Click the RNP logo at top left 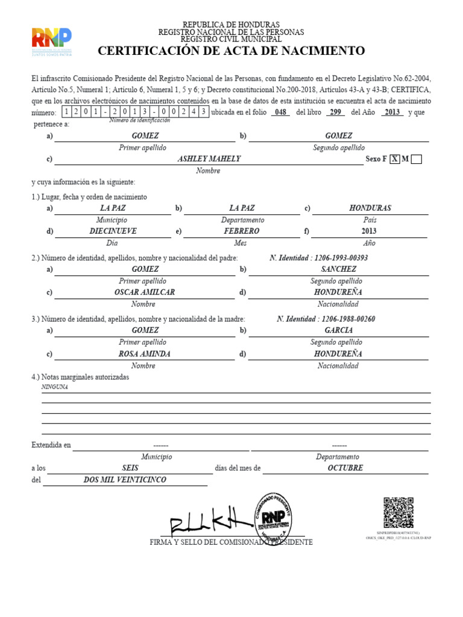[x=51, y=42]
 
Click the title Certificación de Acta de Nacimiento [x=231, y=51]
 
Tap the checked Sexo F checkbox [x=394, y=159]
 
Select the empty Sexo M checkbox [x=416, y=159]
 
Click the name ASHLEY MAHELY [x=209, y=158]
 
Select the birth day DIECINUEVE [x=113, y=231]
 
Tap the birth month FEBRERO [x=241, y=231]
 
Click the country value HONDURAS [x=370, y=208]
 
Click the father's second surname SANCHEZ [x=338, y=269]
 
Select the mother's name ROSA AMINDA [x=144, y=354]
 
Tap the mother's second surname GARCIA [x=338, y=330]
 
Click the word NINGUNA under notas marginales [x=54, y=387]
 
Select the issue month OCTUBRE [x=345, y=468]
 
